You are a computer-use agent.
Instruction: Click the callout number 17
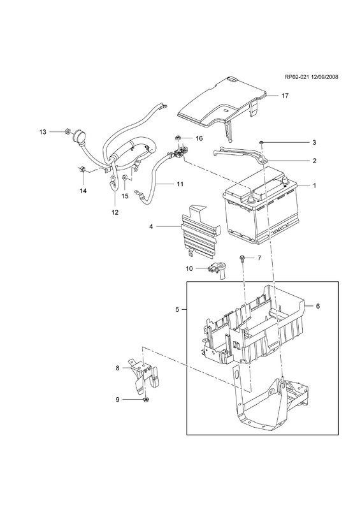(285, 96)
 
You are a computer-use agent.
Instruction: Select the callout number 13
(43, 132)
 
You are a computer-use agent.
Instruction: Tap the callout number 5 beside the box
(177, 310)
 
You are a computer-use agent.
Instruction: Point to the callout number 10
(189, 268)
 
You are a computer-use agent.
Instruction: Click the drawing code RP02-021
(296, 77)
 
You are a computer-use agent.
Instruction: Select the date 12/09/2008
(324, 77)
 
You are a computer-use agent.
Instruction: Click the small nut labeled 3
(261, 142)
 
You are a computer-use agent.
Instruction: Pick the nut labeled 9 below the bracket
(146, 400)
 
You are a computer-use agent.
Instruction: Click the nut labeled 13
(68, 132)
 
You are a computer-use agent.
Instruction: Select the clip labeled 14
(82, 170)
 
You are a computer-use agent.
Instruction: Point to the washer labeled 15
(124, 178)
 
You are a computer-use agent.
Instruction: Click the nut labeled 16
(178, 138)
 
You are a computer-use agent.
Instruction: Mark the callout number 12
(115, 212)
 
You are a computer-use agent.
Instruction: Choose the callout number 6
(318, 306)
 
